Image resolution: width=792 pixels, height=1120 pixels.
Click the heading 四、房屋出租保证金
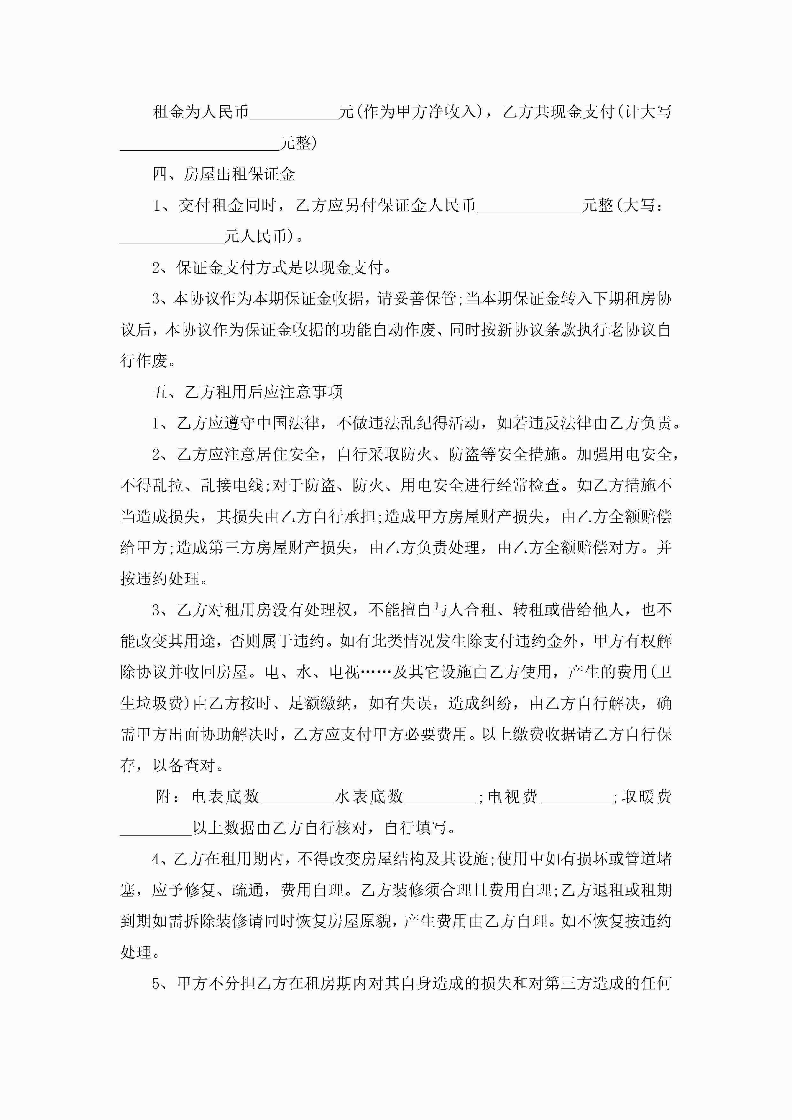224,174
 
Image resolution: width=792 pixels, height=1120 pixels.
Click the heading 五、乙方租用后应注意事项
247,392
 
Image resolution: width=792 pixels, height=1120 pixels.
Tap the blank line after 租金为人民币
294,113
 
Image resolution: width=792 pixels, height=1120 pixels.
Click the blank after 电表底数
297,797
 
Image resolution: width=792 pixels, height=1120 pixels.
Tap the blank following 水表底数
441,797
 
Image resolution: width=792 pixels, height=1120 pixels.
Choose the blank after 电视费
575,797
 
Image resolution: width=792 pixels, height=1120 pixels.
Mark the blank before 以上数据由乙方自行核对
156,828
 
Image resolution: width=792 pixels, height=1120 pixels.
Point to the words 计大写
648,112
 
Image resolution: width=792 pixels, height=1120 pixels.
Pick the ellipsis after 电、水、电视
376,672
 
